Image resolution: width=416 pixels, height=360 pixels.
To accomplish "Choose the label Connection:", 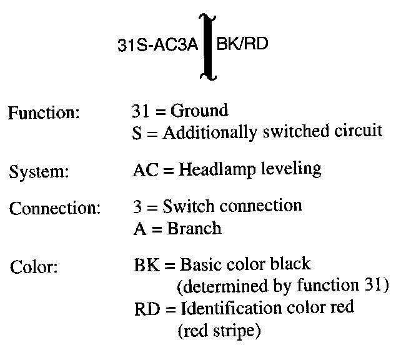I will click(55, 209).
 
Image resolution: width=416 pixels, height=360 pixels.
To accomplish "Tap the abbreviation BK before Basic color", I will click(143, 265).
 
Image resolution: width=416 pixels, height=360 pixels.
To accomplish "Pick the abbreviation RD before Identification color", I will click(144, 309).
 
